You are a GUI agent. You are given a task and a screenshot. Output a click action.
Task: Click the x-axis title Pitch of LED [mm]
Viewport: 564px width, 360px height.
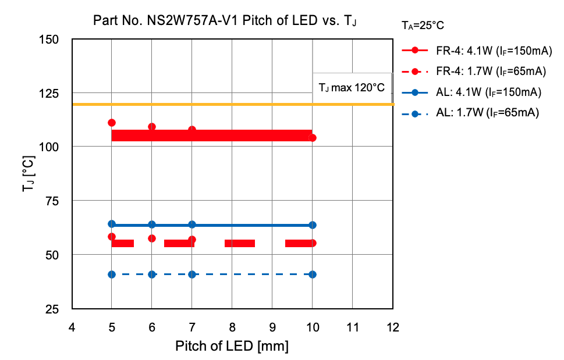(x=232, y=347)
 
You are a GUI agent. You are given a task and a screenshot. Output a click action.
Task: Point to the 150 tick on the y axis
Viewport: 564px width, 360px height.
(x=56, y=40)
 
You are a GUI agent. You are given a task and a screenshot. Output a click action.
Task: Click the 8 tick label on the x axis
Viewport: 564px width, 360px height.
(x=232, y=327)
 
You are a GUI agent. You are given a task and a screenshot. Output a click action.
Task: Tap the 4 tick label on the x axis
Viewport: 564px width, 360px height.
(x=72, y=327)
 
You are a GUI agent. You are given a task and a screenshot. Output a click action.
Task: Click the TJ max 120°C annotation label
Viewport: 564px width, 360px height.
(x=351, y=88)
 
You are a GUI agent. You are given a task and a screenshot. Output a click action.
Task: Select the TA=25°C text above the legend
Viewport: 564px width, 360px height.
(x=423, y=25)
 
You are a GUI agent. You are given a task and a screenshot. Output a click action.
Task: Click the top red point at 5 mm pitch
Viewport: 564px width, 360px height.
(x=112, y=123)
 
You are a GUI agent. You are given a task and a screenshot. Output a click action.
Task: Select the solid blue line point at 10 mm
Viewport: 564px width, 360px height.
(x=313, y=225)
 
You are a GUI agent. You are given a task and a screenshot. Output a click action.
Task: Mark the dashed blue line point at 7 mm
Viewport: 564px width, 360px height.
(x=192, y=275)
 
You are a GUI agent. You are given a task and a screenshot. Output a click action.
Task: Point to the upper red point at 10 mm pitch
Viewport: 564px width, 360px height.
(x=313, y=138)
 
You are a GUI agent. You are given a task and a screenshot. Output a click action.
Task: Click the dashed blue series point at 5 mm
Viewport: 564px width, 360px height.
(x=112, y=275)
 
